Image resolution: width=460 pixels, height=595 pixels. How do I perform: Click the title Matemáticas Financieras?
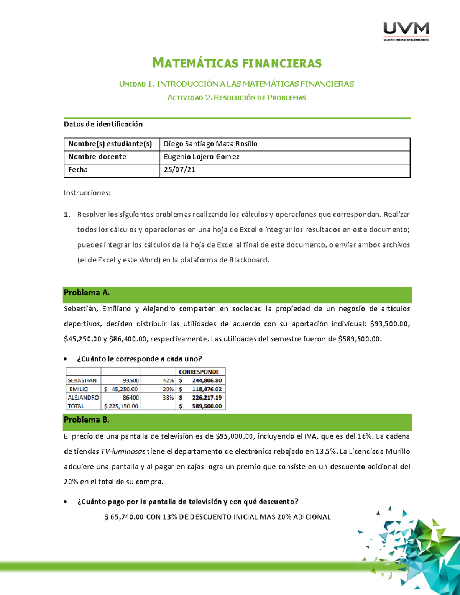pyautogui.click(x=237, y=63)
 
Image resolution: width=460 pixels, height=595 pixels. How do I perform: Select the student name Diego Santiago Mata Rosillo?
pyautogui.click(x=210, y=144)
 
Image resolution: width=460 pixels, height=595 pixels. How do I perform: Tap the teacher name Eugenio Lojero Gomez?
pyautogui.click(x=201, y=157)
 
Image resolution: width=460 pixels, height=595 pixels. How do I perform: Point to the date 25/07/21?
pyautogui.click(x=179, y=170)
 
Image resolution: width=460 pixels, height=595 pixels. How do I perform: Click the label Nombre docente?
pyautogui.click(x=97, y=157)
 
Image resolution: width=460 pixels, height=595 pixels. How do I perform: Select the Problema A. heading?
pyautogui.click(x=87, y=293)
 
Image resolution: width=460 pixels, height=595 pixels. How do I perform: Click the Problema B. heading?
pyautogui.click(x=86, y=420)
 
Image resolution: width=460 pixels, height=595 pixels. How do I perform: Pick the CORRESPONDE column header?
pyautogui.click(x=199, y=372)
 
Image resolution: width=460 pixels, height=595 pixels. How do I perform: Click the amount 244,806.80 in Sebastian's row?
pyautogui.click(x=207, y=380)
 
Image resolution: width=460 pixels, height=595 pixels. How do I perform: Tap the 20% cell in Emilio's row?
pyautogui.click(x=168, y=389)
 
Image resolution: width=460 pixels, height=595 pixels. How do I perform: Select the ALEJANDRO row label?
pyautogui.click(x=83, y=398)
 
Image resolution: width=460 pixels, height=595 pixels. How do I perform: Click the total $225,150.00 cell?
pyautogui.click(x=121, y=406)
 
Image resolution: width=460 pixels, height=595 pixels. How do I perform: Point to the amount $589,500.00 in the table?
pyautogui.click(x=207, y=406)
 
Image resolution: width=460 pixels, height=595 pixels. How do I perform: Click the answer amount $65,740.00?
pyautogui.click(x=124, y=517)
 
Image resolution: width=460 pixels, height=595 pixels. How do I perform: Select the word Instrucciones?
pyautogui.click(x=87, y=193)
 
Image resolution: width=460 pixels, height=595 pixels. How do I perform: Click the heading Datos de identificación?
pyautogui.click(x=103, y=124)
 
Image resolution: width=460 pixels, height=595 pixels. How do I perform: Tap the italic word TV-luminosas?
pyautogui.click(x=123, y=451)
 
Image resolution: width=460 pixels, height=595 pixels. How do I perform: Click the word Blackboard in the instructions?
pyautogui.click(x=249, y=260)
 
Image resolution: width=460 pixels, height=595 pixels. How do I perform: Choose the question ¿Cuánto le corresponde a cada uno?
pyautogui.click(x=139, y=359)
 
